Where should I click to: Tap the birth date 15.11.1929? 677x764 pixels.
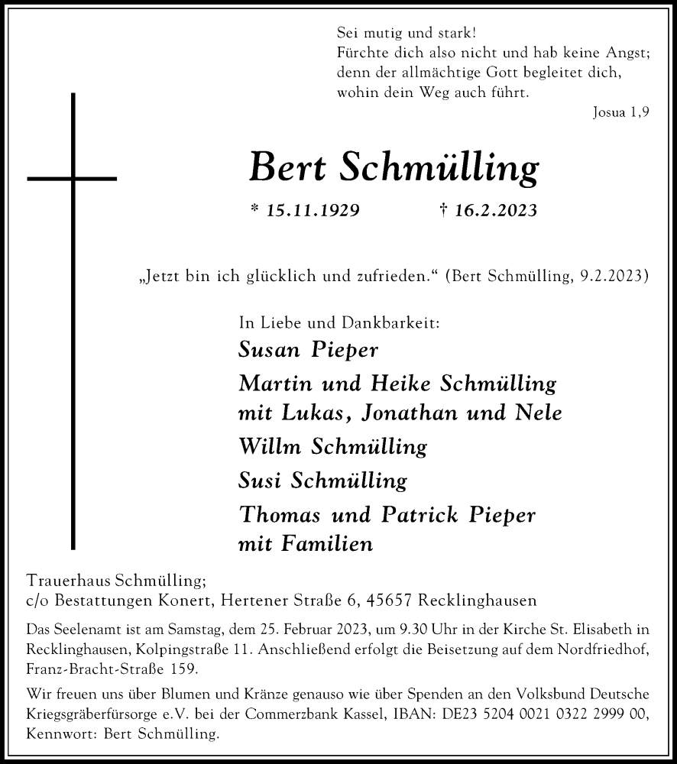click(305, 211)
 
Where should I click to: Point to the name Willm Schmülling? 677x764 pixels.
click(332, 446)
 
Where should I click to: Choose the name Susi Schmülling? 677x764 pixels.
click(322, 481)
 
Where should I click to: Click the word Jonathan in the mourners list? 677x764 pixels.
click(412, 413)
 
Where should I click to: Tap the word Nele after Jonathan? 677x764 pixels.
click(540, 413)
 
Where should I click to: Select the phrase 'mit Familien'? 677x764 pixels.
click(305, 544)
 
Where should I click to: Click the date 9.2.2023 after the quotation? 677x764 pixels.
click(608, 276)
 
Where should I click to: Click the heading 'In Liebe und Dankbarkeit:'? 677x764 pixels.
click(339, 323)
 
